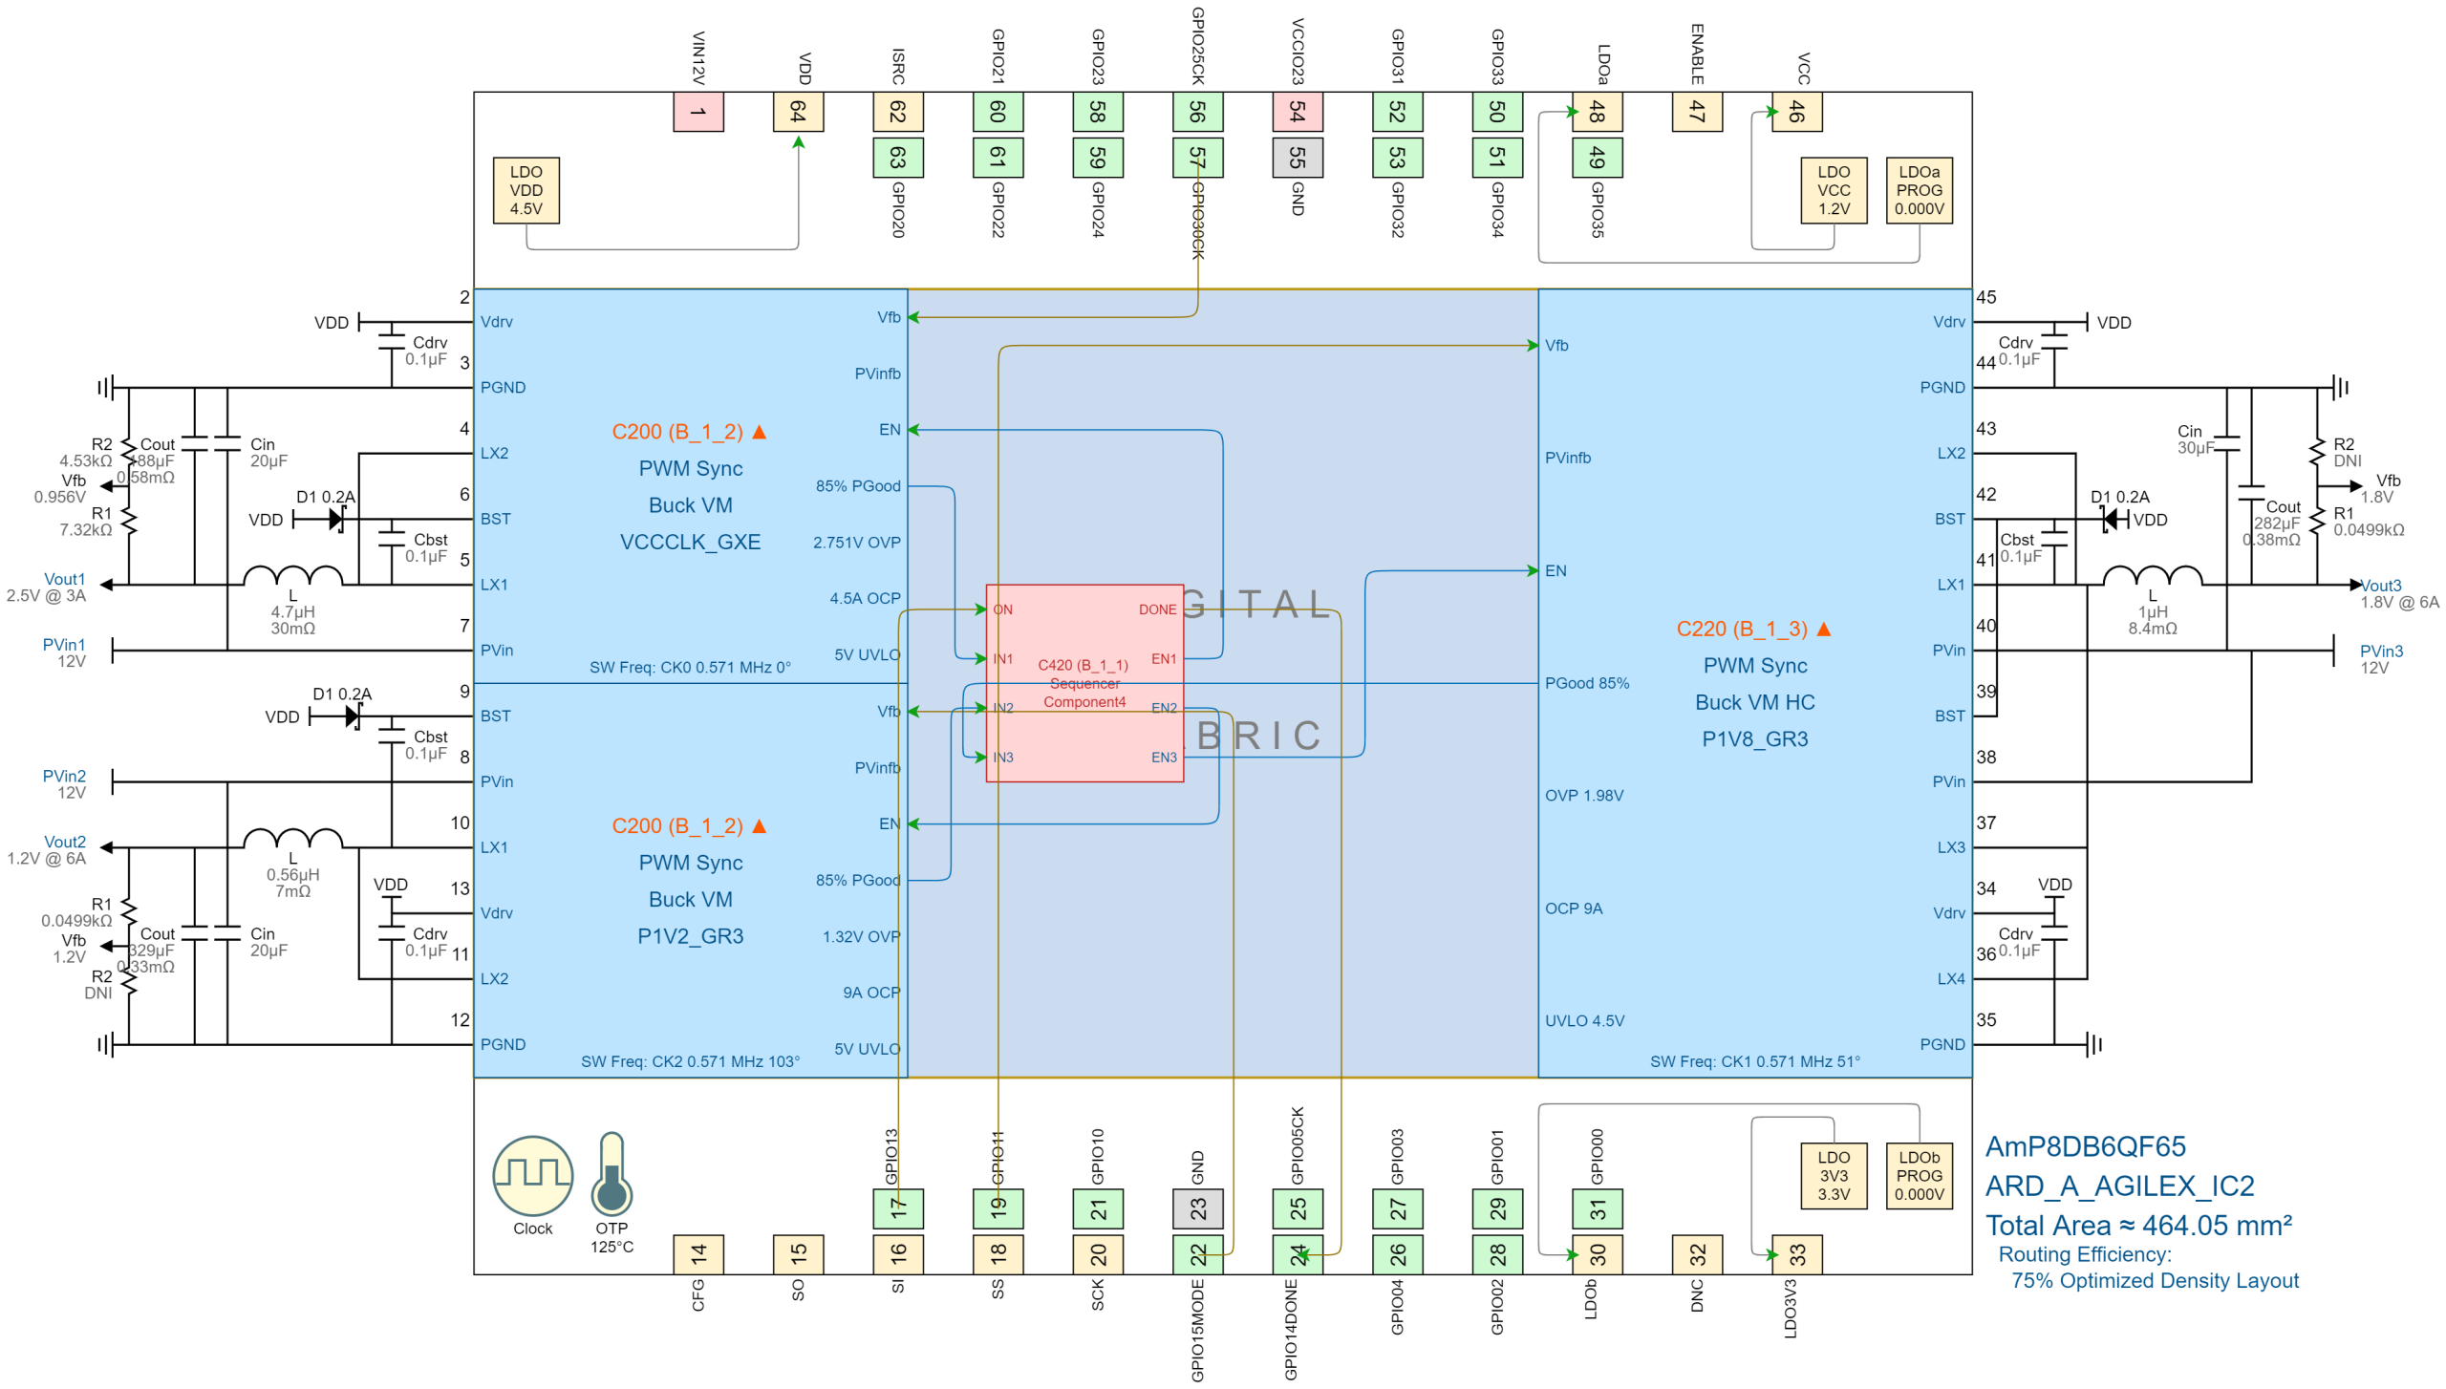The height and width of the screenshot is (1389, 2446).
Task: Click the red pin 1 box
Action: click(697, 112)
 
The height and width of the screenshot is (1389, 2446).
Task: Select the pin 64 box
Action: click(798, 112)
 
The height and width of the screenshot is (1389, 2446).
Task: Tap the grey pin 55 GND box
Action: click(1297, 158)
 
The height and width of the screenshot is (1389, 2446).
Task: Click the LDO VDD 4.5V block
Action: click(526, 190)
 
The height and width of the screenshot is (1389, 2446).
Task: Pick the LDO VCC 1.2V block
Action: click(1833, 190)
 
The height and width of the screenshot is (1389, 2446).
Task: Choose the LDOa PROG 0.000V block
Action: click(1919, 190)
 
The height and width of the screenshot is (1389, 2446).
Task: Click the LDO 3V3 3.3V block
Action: click(1833, 1175)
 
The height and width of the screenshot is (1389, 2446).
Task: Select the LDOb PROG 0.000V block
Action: click(1919, 1175)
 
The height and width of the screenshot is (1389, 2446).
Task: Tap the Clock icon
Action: click(532, 1175)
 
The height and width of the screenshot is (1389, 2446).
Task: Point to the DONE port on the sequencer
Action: click(1157, 609)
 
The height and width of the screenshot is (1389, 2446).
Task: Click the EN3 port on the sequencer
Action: click(1164, 758)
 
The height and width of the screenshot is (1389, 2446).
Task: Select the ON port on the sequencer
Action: click(1002, 609)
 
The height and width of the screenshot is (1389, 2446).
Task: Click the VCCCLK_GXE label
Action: click(690, 543)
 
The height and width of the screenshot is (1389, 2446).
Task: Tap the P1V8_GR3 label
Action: click(1754, 739)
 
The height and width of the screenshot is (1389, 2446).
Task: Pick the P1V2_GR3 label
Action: click(690, 936)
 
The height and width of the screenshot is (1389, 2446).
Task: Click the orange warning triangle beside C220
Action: click(1823, 629)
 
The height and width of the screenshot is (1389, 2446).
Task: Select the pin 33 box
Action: click(1796, 1254)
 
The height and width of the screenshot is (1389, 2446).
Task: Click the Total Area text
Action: click(2138, 1226)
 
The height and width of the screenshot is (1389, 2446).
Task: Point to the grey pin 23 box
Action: click(1197, 1208)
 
